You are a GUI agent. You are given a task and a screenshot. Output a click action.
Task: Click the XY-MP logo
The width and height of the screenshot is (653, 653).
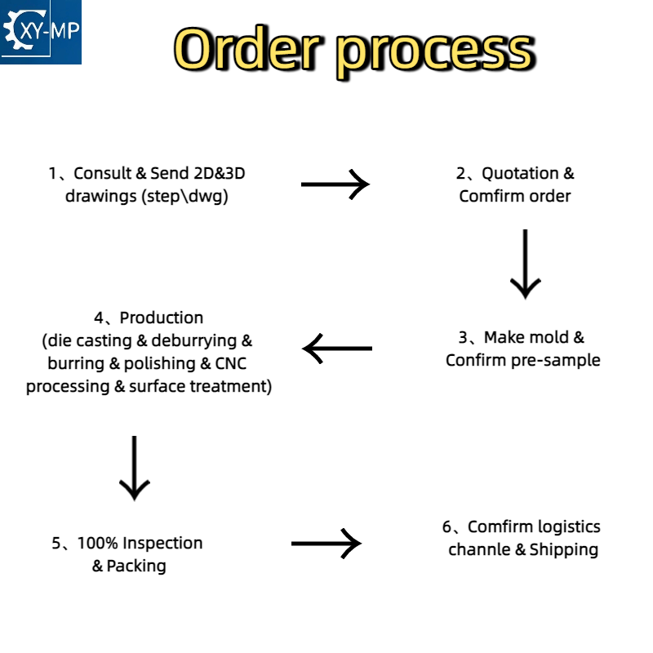(40, 32)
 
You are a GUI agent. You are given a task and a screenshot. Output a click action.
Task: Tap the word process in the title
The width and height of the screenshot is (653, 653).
(436, 54)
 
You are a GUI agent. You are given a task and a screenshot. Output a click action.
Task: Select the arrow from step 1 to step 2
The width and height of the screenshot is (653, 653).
(335, 184)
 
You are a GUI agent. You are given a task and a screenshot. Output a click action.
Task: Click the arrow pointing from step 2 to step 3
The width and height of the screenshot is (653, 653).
(526, 264)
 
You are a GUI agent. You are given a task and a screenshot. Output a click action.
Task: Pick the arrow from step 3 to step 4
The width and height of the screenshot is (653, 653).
(337, 349)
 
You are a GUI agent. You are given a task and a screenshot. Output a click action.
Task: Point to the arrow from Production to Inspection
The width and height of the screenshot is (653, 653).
(135, 468)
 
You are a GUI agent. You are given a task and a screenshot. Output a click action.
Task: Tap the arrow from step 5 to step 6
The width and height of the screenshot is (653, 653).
(326, 544)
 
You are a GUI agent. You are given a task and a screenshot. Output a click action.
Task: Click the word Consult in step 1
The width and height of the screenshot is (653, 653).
(103, 173)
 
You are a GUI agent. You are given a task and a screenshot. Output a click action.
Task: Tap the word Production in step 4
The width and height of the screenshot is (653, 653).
(162, 318)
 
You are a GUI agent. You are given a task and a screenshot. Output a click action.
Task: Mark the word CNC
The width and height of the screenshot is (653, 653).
(231, 363)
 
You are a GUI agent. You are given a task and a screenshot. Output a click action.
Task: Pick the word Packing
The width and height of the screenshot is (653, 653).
(136, 566)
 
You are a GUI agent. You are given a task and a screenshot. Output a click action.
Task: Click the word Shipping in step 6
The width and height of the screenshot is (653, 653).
(564, 550)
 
